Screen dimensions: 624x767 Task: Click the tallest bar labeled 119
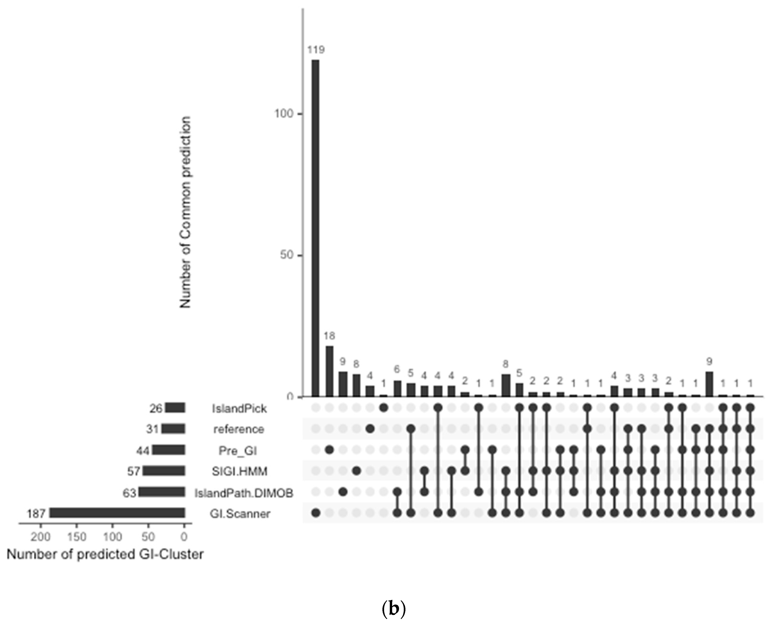(315, 228)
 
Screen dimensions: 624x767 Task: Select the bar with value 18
(329, 371)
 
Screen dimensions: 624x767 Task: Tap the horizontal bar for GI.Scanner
(117, 513)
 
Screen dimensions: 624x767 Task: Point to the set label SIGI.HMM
(239, 471)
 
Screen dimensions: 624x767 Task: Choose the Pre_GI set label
(238, 450)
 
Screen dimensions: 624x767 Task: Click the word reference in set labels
(239, 429)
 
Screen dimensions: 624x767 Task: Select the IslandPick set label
(239, 408)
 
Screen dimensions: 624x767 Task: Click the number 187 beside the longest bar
(36, 513)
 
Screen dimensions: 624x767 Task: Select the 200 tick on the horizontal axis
(40, 537)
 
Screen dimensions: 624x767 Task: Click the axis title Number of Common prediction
(185, 212)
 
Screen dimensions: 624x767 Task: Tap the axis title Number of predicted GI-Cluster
(105, 554)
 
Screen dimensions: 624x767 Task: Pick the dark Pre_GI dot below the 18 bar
(329, 450)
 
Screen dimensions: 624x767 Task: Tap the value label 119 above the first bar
(316, 50)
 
